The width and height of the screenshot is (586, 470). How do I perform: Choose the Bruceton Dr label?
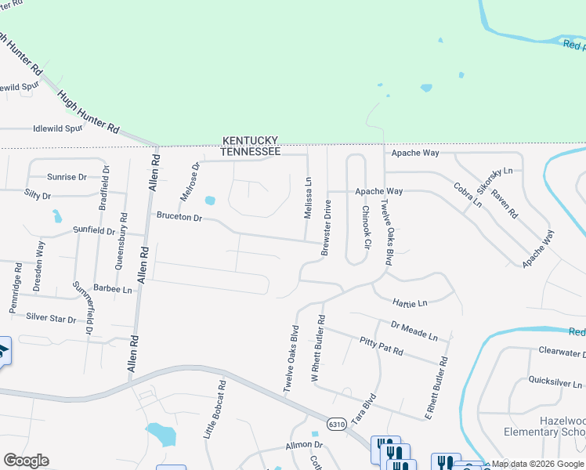coord(179,216)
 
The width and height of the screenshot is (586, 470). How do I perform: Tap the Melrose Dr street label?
coord(189,182)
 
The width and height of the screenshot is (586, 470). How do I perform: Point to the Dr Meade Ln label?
coord(414,330)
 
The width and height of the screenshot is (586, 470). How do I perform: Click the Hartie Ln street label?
coord(411,302)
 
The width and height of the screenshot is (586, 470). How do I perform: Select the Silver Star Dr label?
coord(52,319)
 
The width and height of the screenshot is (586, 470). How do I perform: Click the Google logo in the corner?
coord(26,461)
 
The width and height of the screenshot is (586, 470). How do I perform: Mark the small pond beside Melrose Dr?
coord(209,201)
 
